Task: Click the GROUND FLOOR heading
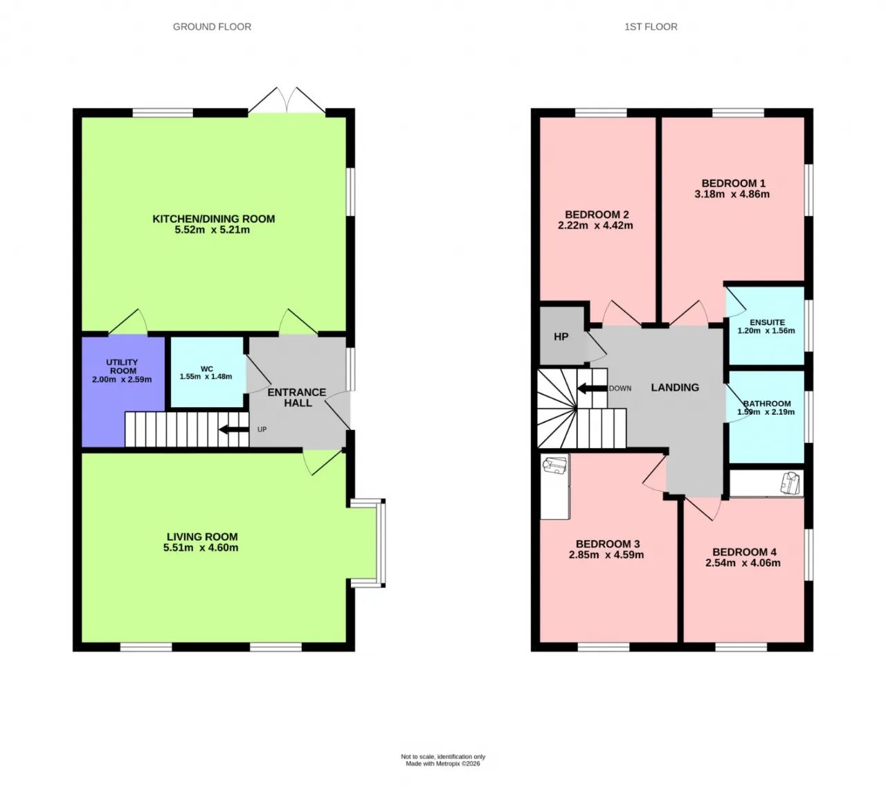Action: click(212, 27)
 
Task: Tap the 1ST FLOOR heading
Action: click(651, 27)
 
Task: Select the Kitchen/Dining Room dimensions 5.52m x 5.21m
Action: click(212, 230)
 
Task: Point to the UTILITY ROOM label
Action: click(122, 366)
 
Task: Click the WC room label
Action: click(206, 369)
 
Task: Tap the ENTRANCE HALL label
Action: click(297, 397)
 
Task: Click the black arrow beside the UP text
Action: click(234, 429)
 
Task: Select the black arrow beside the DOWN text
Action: click(592, 388)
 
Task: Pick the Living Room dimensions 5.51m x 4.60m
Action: click(201, 547)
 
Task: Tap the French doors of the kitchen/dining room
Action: click(287, 100)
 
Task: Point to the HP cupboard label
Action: click(561, 337)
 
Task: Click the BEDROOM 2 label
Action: click(597, 215)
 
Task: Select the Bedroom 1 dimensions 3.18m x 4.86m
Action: click(732, 194)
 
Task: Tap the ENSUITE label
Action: click(767, 323)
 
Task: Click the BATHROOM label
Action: click(767, 404)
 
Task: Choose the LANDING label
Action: click(675, 387)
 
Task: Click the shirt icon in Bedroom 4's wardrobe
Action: click(791, 483)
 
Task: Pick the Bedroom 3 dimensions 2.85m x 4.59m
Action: click(606, 555)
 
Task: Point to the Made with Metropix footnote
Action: click(442, 764)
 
